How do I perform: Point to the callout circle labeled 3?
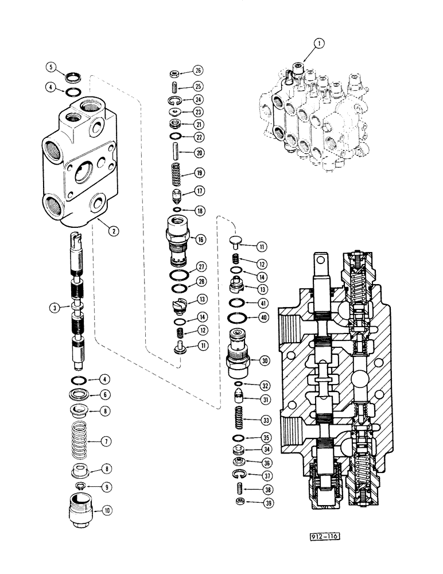pos(53,308)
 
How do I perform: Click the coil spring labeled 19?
pos(176,173)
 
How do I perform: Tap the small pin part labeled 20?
pos(176,153)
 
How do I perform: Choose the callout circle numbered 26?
pos(199,72)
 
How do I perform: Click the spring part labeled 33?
pos(239,419)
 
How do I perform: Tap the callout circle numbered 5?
pos(52,67)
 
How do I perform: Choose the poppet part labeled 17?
pos(176,192)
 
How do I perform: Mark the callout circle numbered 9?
pos(106,487)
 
